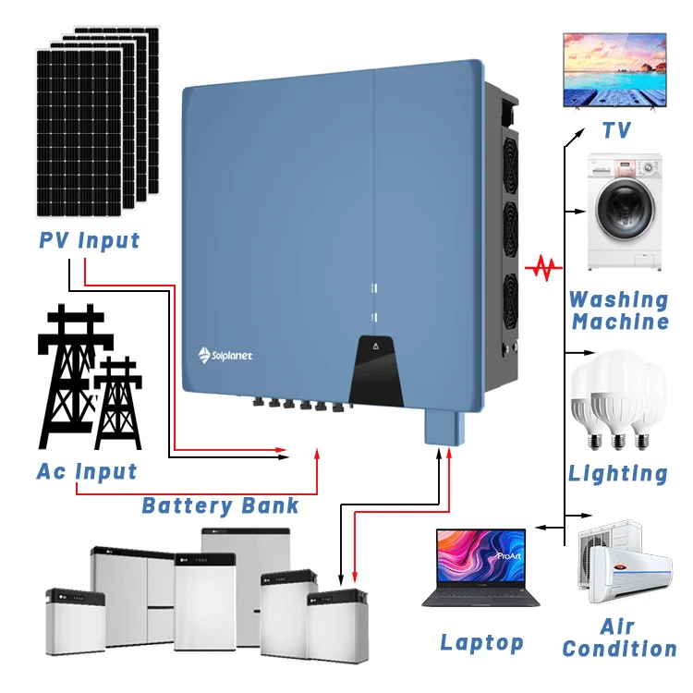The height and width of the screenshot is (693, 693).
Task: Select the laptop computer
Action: [475, 566]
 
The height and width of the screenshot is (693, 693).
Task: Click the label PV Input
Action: [89, 241]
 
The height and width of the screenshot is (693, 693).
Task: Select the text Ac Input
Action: [87, 471]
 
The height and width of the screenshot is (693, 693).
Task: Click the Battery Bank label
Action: [220, 505]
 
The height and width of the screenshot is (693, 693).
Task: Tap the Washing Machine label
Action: [619, 310]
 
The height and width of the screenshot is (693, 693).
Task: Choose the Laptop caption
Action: [481, 642]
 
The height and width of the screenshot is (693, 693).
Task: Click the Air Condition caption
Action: [619, 638]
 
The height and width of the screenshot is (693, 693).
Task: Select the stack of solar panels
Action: [97, 120]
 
